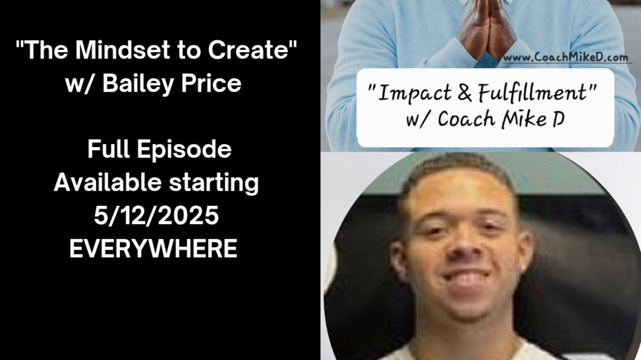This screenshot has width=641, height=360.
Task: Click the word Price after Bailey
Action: pyautogui.click(x=211, y=83)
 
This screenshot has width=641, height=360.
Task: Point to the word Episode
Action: pyautogui.click(x=184, y=150)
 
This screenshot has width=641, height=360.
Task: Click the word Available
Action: pyautogui.click(x=108, y=182)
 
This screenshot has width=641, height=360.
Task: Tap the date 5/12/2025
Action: pyautogui.click(x=156, y=216)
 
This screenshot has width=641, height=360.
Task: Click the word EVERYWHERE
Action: pyautogui.click(x=153, y=249)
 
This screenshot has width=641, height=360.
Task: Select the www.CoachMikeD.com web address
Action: pyautogui.click(x=565, y=57)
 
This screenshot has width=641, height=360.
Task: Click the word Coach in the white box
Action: pyautogui.click(x=466, y=119)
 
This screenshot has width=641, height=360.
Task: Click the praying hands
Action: pyautogui.click(x=486, y=29)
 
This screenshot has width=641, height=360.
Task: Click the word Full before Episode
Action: pyautogui.click(x=108, y=149)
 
